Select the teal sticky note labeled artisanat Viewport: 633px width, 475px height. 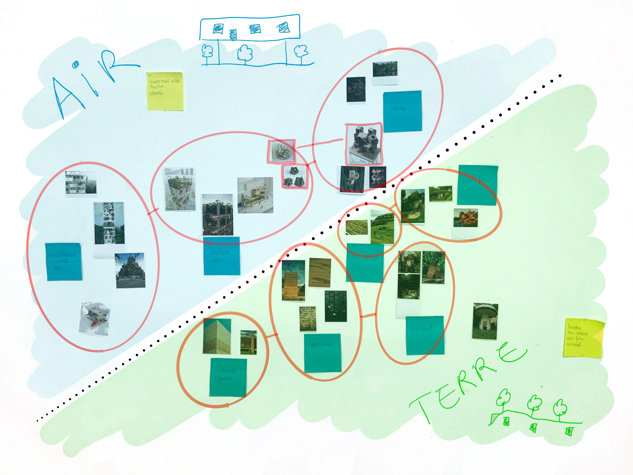tap(425, 335)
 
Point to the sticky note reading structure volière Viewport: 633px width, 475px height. tap(222, 256)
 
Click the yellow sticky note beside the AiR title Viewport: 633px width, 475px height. tap(165, 91)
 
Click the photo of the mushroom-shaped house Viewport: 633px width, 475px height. tap(485, 321)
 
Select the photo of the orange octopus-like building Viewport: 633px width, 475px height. tap(466, 218)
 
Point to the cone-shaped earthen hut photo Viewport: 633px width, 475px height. tap(433, 267)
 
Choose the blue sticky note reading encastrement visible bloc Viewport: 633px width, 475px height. tap(64, 261)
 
